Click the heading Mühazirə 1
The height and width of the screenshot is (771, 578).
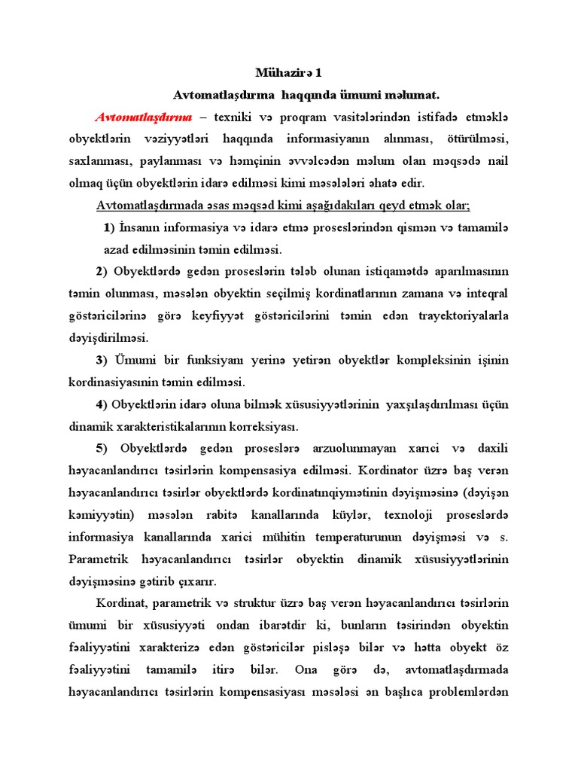tap(288, 73)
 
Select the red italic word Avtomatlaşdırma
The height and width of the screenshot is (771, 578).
tap(144, 117)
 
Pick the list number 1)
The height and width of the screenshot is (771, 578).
tap(108, 227)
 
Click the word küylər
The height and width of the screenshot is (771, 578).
tap(341, 514)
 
